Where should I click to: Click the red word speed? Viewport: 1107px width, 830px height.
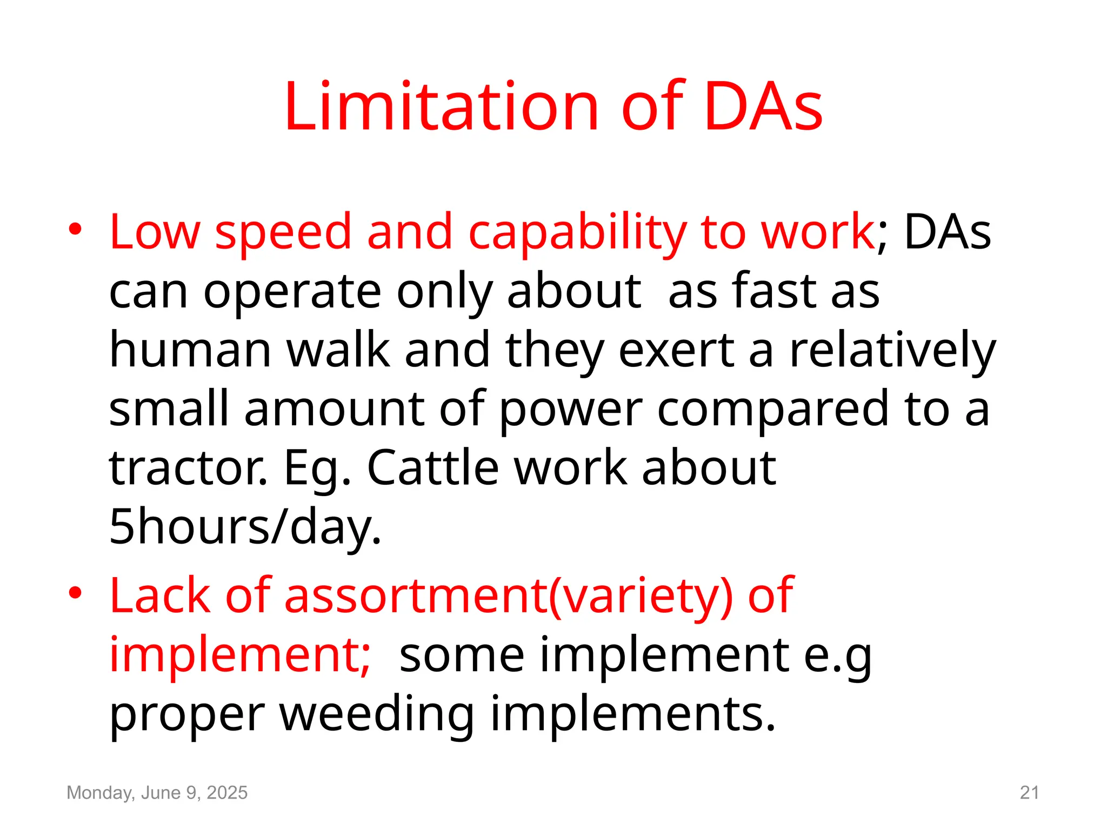click(283, 232)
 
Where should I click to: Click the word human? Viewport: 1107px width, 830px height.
click(190, 350)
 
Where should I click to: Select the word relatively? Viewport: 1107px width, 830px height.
click(892, 351)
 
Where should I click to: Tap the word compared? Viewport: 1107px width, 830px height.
click(772, 410)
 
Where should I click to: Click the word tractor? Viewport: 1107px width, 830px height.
click(188, 467)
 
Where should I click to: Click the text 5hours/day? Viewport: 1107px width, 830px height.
click(245, 526)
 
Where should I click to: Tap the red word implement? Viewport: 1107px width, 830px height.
click(240, 654)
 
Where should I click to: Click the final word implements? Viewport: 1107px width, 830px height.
click(633, 714)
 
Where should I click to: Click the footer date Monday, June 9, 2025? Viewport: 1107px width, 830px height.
click(157, 793)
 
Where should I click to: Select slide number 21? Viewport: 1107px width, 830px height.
click(1029, 793)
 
